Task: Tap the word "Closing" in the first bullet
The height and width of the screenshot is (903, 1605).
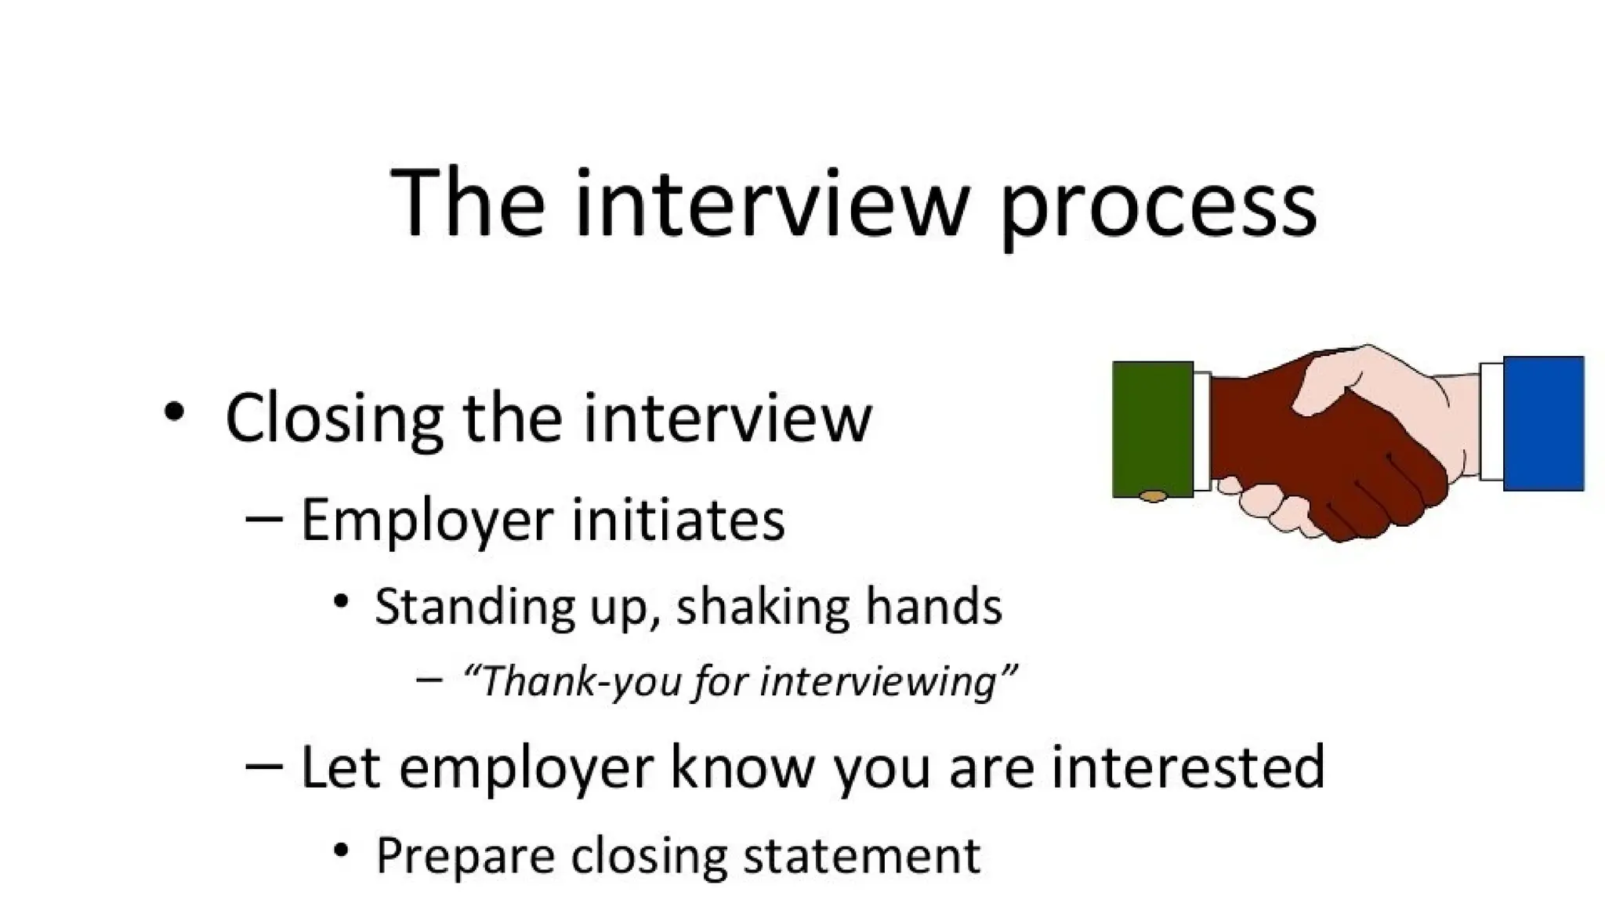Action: click(334, 419)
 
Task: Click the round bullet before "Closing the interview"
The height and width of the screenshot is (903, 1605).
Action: click(174, 412)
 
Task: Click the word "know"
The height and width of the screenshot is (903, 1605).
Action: click(742, 767)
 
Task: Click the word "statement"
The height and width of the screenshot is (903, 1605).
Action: click(861, 855)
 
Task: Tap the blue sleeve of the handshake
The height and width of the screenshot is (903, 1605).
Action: click(1543, 423)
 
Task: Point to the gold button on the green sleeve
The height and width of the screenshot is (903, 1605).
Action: click(1152, 496)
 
